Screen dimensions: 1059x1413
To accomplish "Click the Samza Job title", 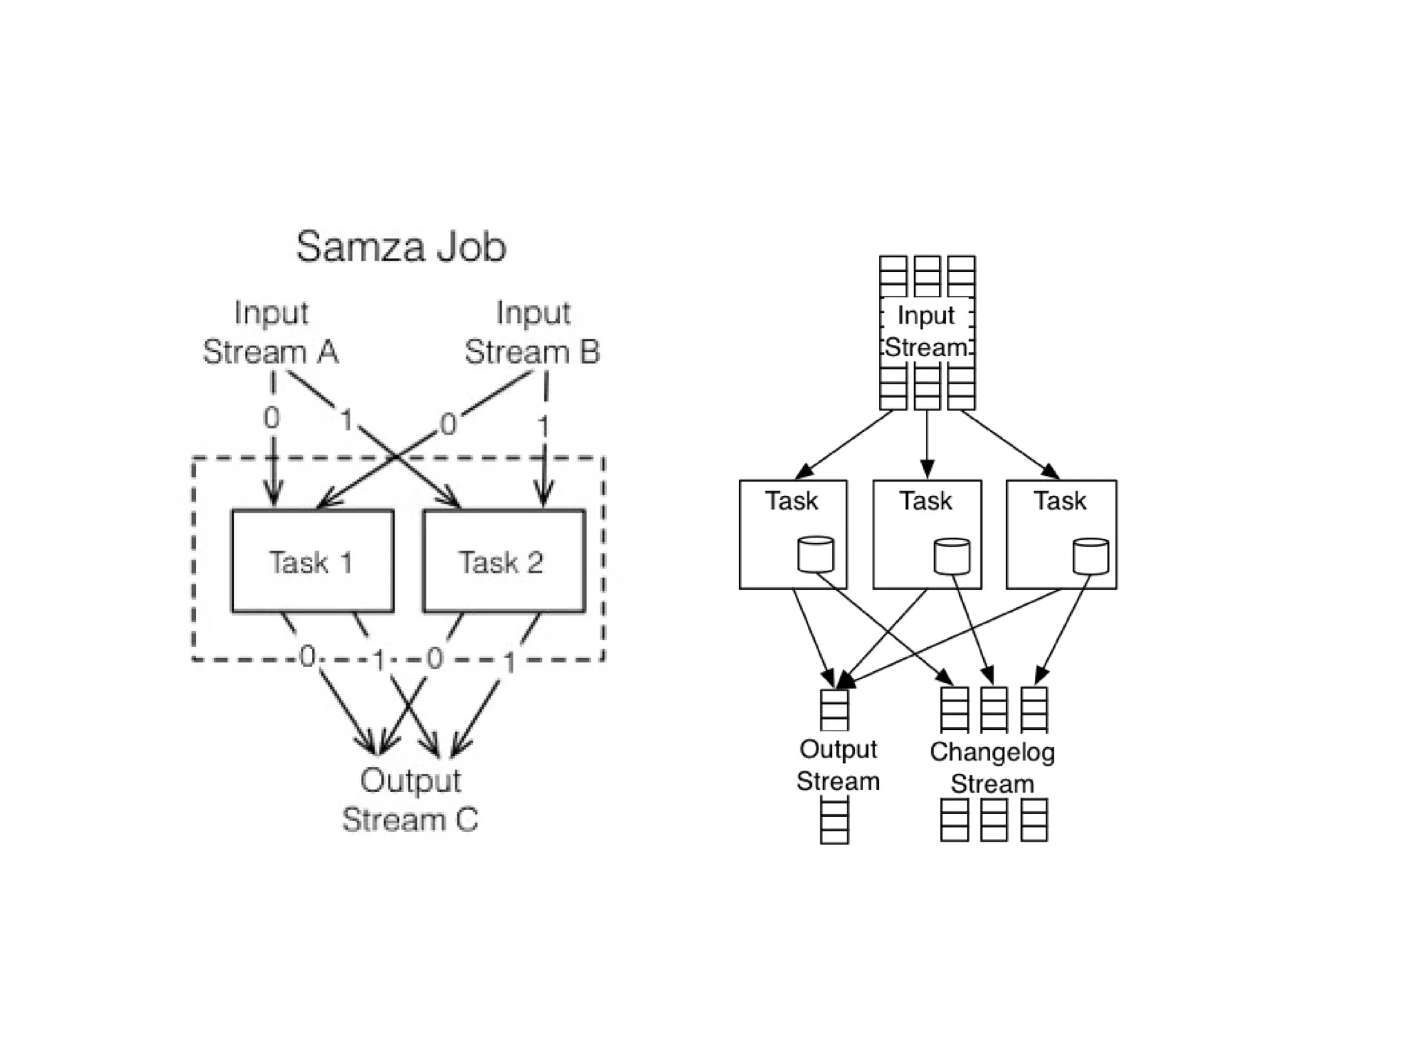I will [x=401, y=247].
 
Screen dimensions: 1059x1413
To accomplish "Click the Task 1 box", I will [x=312, y=562].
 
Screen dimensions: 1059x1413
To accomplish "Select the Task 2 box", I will [x=503, y=562].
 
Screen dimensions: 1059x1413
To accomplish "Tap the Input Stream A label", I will [x=270, y=333].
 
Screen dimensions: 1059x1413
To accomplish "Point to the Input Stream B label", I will [x=532, y=333].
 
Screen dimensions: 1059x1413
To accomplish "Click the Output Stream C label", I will [x=410, y=800].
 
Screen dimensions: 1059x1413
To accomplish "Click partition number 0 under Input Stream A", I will [x=272, y=418].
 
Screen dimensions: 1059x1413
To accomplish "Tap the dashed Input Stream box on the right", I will [x=927, y=331].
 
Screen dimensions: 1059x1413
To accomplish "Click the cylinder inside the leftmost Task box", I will [x=816, y=555].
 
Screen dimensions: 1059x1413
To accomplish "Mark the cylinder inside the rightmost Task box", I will [x=1091, y=557].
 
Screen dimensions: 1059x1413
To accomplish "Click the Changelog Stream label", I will [x=992, y=768].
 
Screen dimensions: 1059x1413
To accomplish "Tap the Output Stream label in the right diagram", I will [x=838, y=765].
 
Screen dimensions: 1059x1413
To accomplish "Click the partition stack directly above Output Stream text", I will [x=834, y=710].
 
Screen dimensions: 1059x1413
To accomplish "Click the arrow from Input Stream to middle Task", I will [x=927, y=442].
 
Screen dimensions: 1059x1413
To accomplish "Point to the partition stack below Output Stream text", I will [x=834, y=821].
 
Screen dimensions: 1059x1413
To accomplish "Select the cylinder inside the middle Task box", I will [x=951, y=557].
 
